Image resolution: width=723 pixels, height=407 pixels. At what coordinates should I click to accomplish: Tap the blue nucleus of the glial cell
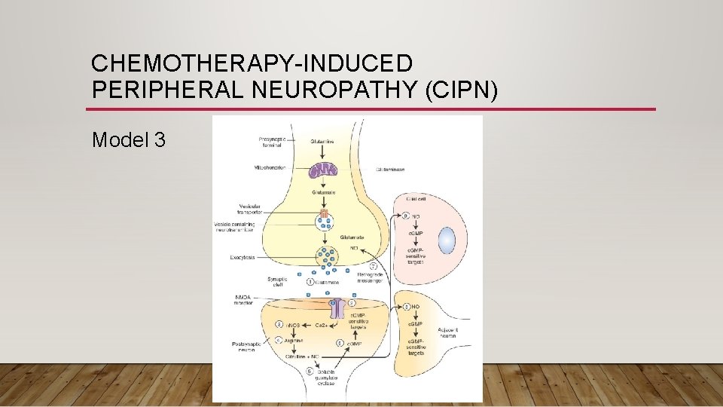[x=447, y=241]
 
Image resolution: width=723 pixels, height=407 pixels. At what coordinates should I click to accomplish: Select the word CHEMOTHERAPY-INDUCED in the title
[x=252, y=63]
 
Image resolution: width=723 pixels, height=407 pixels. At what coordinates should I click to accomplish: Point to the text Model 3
[x=128, y=139]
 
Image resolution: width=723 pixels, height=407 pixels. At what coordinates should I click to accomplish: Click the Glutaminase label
[x=389, y=170]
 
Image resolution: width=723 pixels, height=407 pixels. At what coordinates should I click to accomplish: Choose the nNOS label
[x=291, y=326]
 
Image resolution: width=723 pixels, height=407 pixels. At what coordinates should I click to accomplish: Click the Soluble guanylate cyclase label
[x=325, y=379]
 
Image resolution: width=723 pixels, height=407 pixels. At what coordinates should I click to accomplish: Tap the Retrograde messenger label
[x=372, y=278]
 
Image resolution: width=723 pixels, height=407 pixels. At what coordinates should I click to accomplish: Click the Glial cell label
[x=415, y=200]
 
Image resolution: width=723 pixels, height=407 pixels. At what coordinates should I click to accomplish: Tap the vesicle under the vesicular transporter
[x=325, y=225]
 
